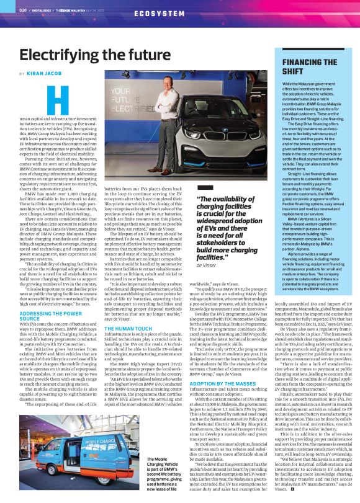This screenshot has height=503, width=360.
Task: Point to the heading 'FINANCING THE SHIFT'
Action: pyautogui.click(x=310, y=66)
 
